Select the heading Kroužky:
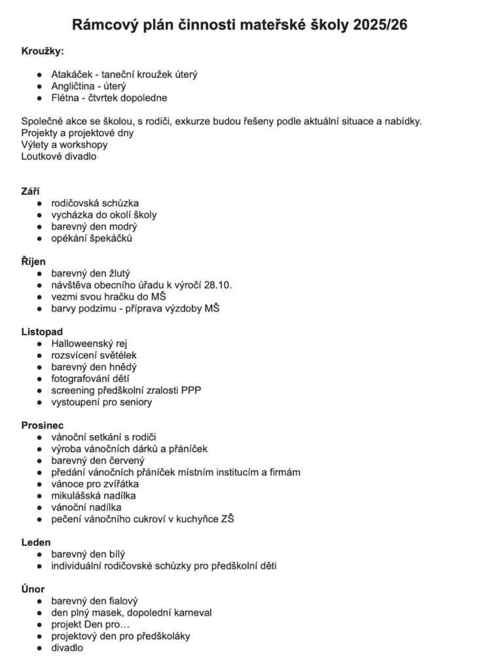click(43, 52)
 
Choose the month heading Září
click(31, 191)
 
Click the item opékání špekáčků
click(92, 238)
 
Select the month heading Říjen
click(33, 262)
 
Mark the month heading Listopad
click(42, 332)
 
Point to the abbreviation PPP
click(191, 391)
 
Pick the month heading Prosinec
click(43, 425)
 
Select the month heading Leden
click(36, 542)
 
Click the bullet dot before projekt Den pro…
click(41, 625)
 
